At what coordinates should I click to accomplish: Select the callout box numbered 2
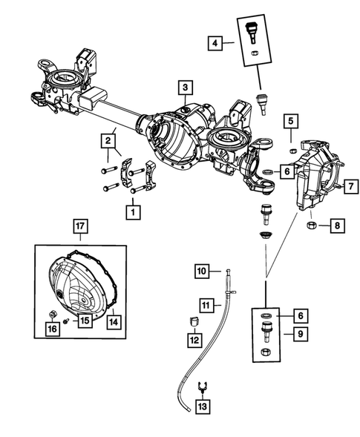click(109, 139)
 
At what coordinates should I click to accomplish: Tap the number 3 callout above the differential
click(183, 88)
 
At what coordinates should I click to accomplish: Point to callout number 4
click(215, 45)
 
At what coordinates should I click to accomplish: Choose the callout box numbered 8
click(336, 225)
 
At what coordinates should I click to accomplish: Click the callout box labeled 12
click(194, 341)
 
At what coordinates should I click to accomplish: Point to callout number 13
click(202, 407)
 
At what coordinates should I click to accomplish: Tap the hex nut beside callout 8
click(312, 225)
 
